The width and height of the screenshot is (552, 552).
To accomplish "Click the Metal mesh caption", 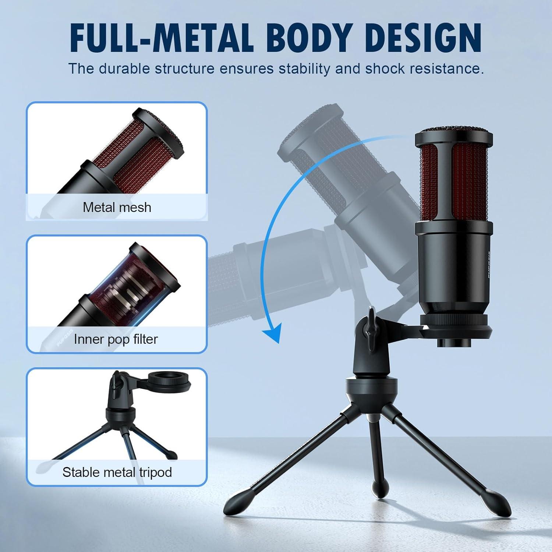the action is coord(117,207).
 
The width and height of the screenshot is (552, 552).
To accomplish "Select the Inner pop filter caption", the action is coord(116,339).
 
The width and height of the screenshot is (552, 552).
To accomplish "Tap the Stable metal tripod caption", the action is coord(117,472).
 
